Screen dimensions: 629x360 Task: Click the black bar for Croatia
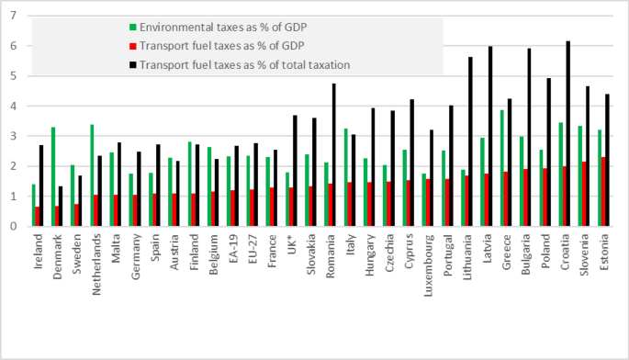tap(568, 134)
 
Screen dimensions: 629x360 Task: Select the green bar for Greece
tap(502, 168)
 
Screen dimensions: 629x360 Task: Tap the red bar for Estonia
tap(603, 191)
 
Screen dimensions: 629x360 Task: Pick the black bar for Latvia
tap(490, 136)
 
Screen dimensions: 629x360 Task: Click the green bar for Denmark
tap(53, 176)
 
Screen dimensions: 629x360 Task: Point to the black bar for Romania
tap(333, 155)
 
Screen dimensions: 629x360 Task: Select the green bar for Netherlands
tap(92, 175)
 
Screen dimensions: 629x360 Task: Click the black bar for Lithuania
tap(470, 141)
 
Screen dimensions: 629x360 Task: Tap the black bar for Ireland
tap(41, 186)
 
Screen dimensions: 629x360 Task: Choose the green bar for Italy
tap(346, 177)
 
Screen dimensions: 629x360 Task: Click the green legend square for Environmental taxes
tap(133, 28)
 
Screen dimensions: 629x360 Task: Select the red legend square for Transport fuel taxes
tap(133, 46)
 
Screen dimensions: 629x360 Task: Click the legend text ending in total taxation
tap(244, 65)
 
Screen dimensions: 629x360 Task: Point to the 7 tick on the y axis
tap(14, 16)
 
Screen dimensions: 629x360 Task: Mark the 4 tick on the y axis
tap(14, 106)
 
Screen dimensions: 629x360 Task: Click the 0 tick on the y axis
tap(14, 226)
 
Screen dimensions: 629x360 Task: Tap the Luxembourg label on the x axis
tap(429, 265)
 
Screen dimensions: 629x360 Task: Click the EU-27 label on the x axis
tap(253, 249)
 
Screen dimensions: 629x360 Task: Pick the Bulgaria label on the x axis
tap(526, 254)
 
